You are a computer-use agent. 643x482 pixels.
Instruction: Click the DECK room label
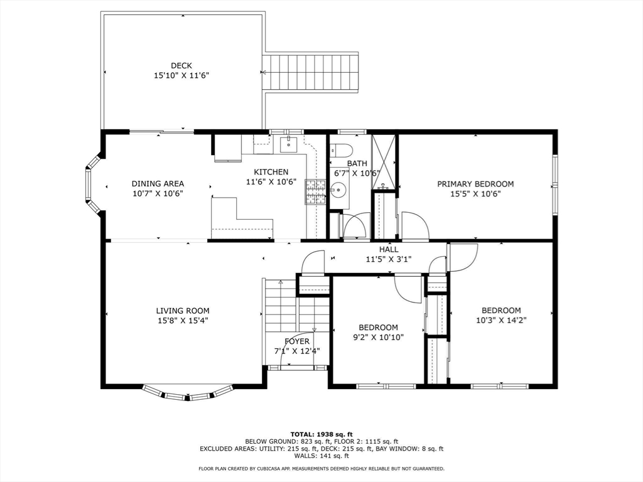point(181,65)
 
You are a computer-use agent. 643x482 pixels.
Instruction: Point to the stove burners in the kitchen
point(315,192)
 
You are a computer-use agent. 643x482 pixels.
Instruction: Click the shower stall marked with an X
point(384,162)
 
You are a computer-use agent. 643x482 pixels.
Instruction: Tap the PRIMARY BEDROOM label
point(475,184)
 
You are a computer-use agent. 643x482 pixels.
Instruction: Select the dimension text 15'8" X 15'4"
point(183,321)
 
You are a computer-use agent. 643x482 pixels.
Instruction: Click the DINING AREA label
point(158,184)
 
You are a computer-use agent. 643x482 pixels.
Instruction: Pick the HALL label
point(389,249)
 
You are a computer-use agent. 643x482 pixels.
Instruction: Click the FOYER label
point(297,341)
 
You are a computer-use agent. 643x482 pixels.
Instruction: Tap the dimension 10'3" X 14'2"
point(501,320)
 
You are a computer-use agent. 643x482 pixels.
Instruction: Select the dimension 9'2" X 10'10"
point(379,337)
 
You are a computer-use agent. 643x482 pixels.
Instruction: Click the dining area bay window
point(94,184)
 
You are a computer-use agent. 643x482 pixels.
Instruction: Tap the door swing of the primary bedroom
point(415,225)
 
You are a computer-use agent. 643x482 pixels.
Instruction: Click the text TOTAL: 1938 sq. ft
point(321,434)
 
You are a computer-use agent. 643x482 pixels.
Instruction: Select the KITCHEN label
point(271,172)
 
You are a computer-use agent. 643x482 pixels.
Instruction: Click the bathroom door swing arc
point(355,224)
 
